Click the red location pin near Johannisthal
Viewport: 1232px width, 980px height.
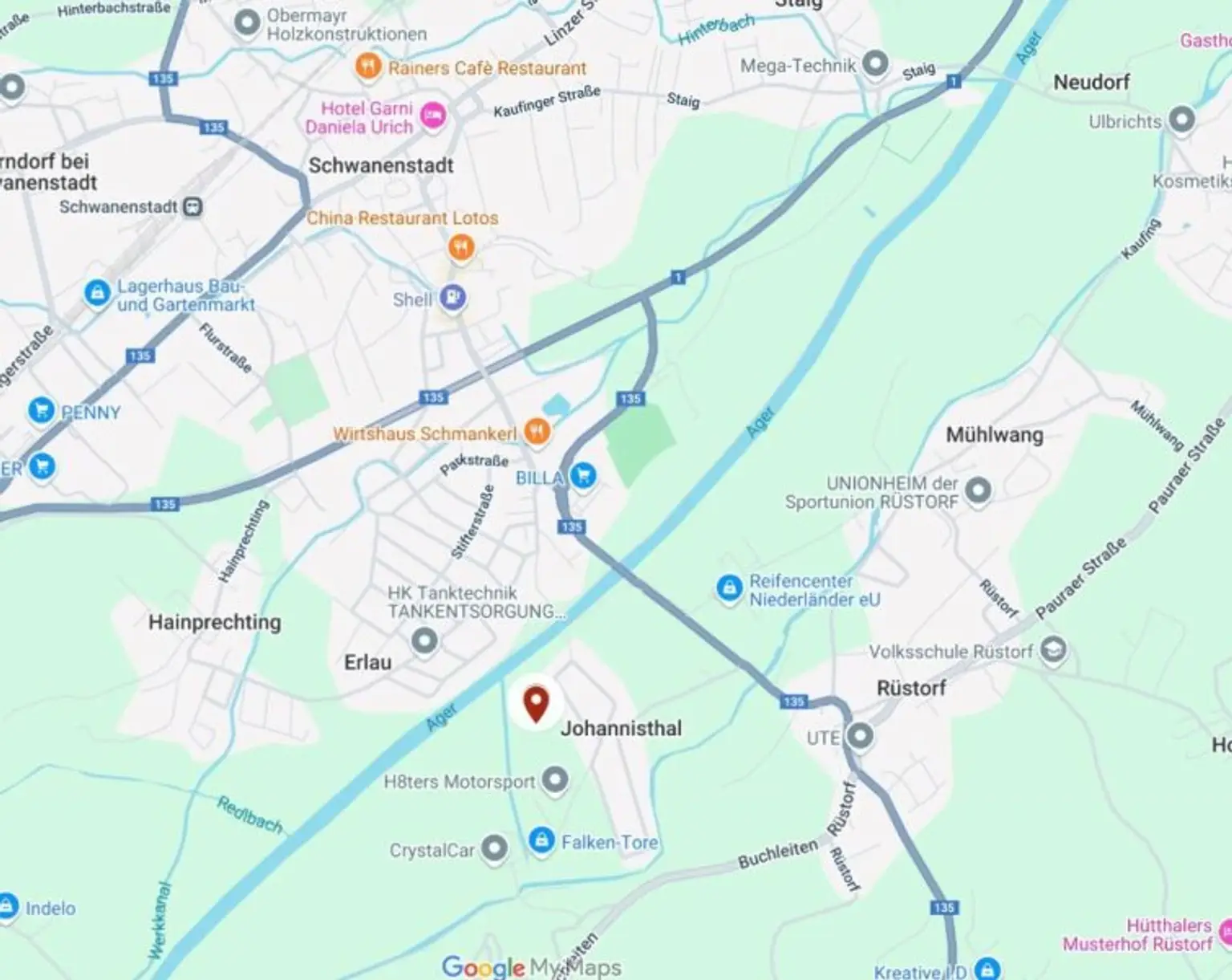click(536, 704)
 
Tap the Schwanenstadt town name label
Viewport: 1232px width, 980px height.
click(381, 165)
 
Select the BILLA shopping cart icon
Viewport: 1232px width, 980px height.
click(583, 476)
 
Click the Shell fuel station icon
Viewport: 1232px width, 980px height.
click(453, 298)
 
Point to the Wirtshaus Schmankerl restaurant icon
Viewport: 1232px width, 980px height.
click(537, 432)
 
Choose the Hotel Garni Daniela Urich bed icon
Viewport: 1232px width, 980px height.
click(433, 116)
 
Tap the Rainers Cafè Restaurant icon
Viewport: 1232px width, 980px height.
click(368, 67)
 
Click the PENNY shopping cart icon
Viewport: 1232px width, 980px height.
click(41, 410)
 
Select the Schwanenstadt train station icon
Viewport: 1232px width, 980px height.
click(192, 206)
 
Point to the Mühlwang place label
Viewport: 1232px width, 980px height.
click(995, 435)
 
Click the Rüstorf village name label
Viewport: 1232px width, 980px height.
click(911, 688)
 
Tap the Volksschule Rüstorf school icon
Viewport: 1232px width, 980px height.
click(1053, 649)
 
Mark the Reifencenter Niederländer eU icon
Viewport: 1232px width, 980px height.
click(729, 588)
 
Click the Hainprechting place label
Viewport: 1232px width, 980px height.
click(214, 622)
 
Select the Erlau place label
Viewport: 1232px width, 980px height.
click(367, 662)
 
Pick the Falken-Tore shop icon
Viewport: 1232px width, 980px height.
click(541, 840)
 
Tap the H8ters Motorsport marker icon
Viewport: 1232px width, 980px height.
click(555, 779)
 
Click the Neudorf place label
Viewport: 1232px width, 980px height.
click(1091, 82)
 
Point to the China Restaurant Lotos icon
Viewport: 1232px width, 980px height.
click(460, 247)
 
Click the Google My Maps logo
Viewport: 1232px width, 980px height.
click(531, 967)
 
